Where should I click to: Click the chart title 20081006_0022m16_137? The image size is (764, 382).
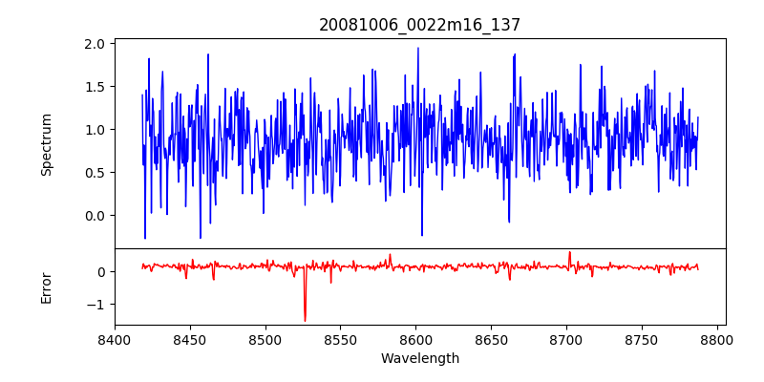[419, 25]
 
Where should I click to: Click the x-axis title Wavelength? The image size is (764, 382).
[419, 359]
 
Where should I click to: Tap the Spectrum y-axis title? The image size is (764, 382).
[46, 144]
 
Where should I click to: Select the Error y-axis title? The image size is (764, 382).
[46, 287]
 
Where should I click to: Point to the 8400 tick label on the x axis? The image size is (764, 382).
[115, 339]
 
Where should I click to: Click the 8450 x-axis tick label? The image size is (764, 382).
[190, 339]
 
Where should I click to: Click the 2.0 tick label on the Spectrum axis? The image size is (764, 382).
[95, 44]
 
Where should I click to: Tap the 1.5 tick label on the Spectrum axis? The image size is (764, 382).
[95, 87]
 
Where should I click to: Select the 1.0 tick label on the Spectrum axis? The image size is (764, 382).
[95, 130]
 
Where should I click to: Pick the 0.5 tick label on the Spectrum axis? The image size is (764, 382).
[95, 173]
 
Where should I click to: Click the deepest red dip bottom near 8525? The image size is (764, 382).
[305, 321]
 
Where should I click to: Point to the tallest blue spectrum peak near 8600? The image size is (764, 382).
[417, 48]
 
